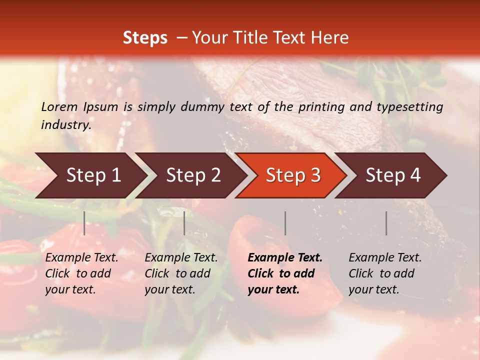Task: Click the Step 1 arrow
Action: pyautogui.click(x=93, y=175)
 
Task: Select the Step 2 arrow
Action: pyautogui.click(x=193, y=175)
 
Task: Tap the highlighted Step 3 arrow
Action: pyautogui.click(x=293, y=175)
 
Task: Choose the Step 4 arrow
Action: pyautogui.click(x=393, y=175)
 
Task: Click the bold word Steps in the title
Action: pyautogui.click(x=145, y=38)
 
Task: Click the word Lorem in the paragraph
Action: pyautogui.click(x=59, y=107)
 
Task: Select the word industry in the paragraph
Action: pyautogui.click(x=65, y=125)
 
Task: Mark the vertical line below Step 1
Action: pyautogui.click(x=84, y=223)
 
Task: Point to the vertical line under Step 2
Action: pyautogui.click(x=184, y=223)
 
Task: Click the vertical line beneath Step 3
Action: pyautogui.click(x=285, y=223)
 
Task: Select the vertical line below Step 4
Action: pyautogui.click(x=386, y=223)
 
